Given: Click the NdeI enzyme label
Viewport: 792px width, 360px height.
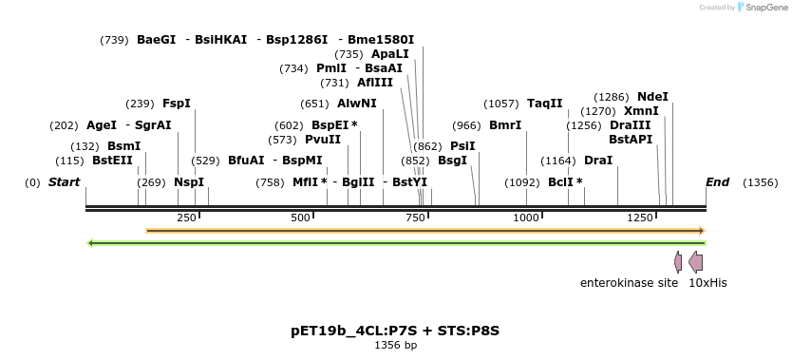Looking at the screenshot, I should click(652, 97).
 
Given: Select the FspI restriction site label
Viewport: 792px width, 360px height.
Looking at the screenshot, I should click(177, 104).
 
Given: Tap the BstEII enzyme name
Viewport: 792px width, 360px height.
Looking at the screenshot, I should click(112, 161).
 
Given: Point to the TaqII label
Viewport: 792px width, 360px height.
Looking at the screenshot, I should click(545, 104).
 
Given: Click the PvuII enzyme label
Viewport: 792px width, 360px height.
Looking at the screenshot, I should click(323, 140).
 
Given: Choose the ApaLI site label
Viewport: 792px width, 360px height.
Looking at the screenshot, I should click(390, 54).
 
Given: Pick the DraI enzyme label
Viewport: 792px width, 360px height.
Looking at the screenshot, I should click(598, 161).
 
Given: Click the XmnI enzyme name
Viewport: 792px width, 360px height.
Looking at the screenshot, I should click(641, 111).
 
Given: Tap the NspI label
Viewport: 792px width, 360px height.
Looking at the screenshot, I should click(189, 182).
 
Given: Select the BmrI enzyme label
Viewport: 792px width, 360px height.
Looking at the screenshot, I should click(505, 125).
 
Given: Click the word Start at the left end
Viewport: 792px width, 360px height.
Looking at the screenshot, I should click(64, 181).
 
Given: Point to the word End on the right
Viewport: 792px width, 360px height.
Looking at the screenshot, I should click(717, 181).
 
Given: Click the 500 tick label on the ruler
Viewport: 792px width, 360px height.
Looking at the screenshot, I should click(301, 218).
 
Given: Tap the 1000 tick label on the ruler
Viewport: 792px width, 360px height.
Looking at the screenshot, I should click(526, 218).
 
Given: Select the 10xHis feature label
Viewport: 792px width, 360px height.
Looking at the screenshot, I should click(707, 282).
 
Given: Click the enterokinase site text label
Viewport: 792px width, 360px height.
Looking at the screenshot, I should click(629, 282).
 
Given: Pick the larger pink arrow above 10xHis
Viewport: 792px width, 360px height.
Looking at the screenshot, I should click(696, 261).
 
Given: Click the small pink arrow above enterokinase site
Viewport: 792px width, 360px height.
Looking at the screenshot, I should click(678, 261).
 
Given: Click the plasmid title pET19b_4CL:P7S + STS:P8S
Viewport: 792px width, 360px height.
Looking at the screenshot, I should click(395, 331).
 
